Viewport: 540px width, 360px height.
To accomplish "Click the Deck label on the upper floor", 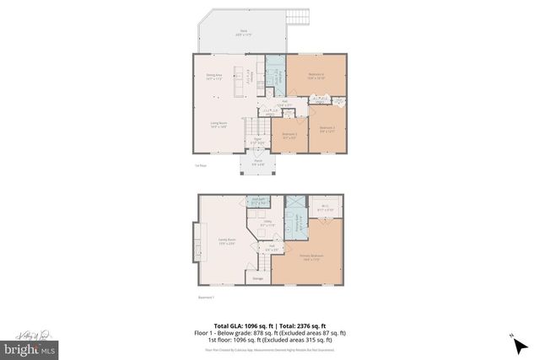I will click(242, 32).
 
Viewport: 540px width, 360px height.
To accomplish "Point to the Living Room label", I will click(219, 125).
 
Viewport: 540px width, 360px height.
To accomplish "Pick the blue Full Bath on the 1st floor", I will click(276, 73).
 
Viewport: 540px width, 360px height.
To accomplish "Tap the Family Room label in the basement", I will click(225, 241).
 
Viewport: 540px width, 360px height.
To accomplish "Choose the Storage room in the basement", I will click(256, 277).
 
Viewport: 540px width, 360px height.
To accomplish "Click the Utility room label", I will click(267, 225).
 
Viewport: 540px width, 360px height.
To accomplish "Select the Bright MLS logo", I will click(30, 347).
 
